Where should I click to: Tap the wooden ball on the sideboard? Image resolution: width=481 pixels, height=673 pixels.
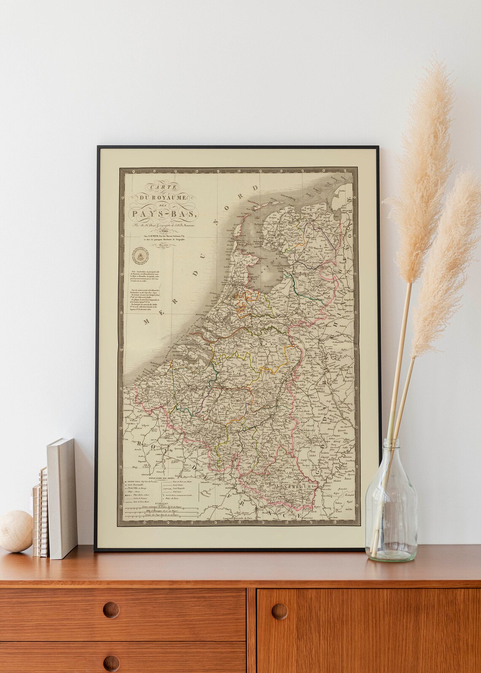tap(15, 531)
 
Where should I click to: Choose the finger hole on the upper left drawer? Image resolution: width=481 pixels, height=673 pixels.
tap(111, 610)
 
